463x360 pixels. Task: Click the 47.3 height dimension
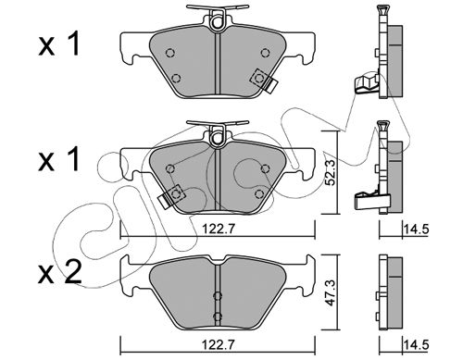pos(332,292)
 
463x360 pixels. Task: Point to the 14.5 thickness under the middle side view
pos(416,229)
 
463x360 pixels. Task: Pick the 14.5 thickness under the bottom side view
pos(416,344)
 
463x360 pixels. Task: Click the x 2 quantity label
pos(60,272)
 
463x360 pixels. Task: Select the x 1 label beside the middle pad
pos(58,159)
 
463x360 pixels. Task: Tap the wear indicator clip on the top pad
pos(264,81)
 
